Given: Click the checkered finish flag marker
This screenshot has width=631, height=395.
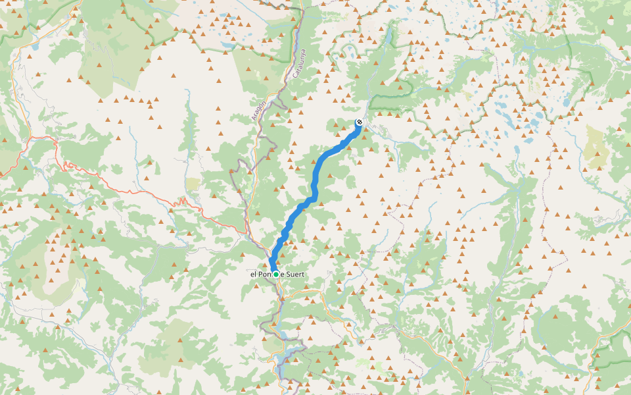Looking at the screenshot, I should tap(359, 122).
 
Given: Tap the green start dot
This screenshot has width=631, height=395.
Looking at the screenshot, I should tap(276, 274).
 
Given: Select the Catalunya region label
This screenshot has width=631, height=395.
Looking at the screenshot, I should tap(299, 65).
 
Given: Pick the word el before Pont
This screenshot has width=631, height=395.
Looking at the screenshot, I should tap(253, 274).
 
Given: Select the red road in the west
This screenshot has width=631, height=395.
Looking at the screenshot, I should tap(131, 192).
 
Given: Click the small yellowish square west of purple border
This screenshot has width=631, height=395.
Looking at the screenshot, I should tap(193, 184).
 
